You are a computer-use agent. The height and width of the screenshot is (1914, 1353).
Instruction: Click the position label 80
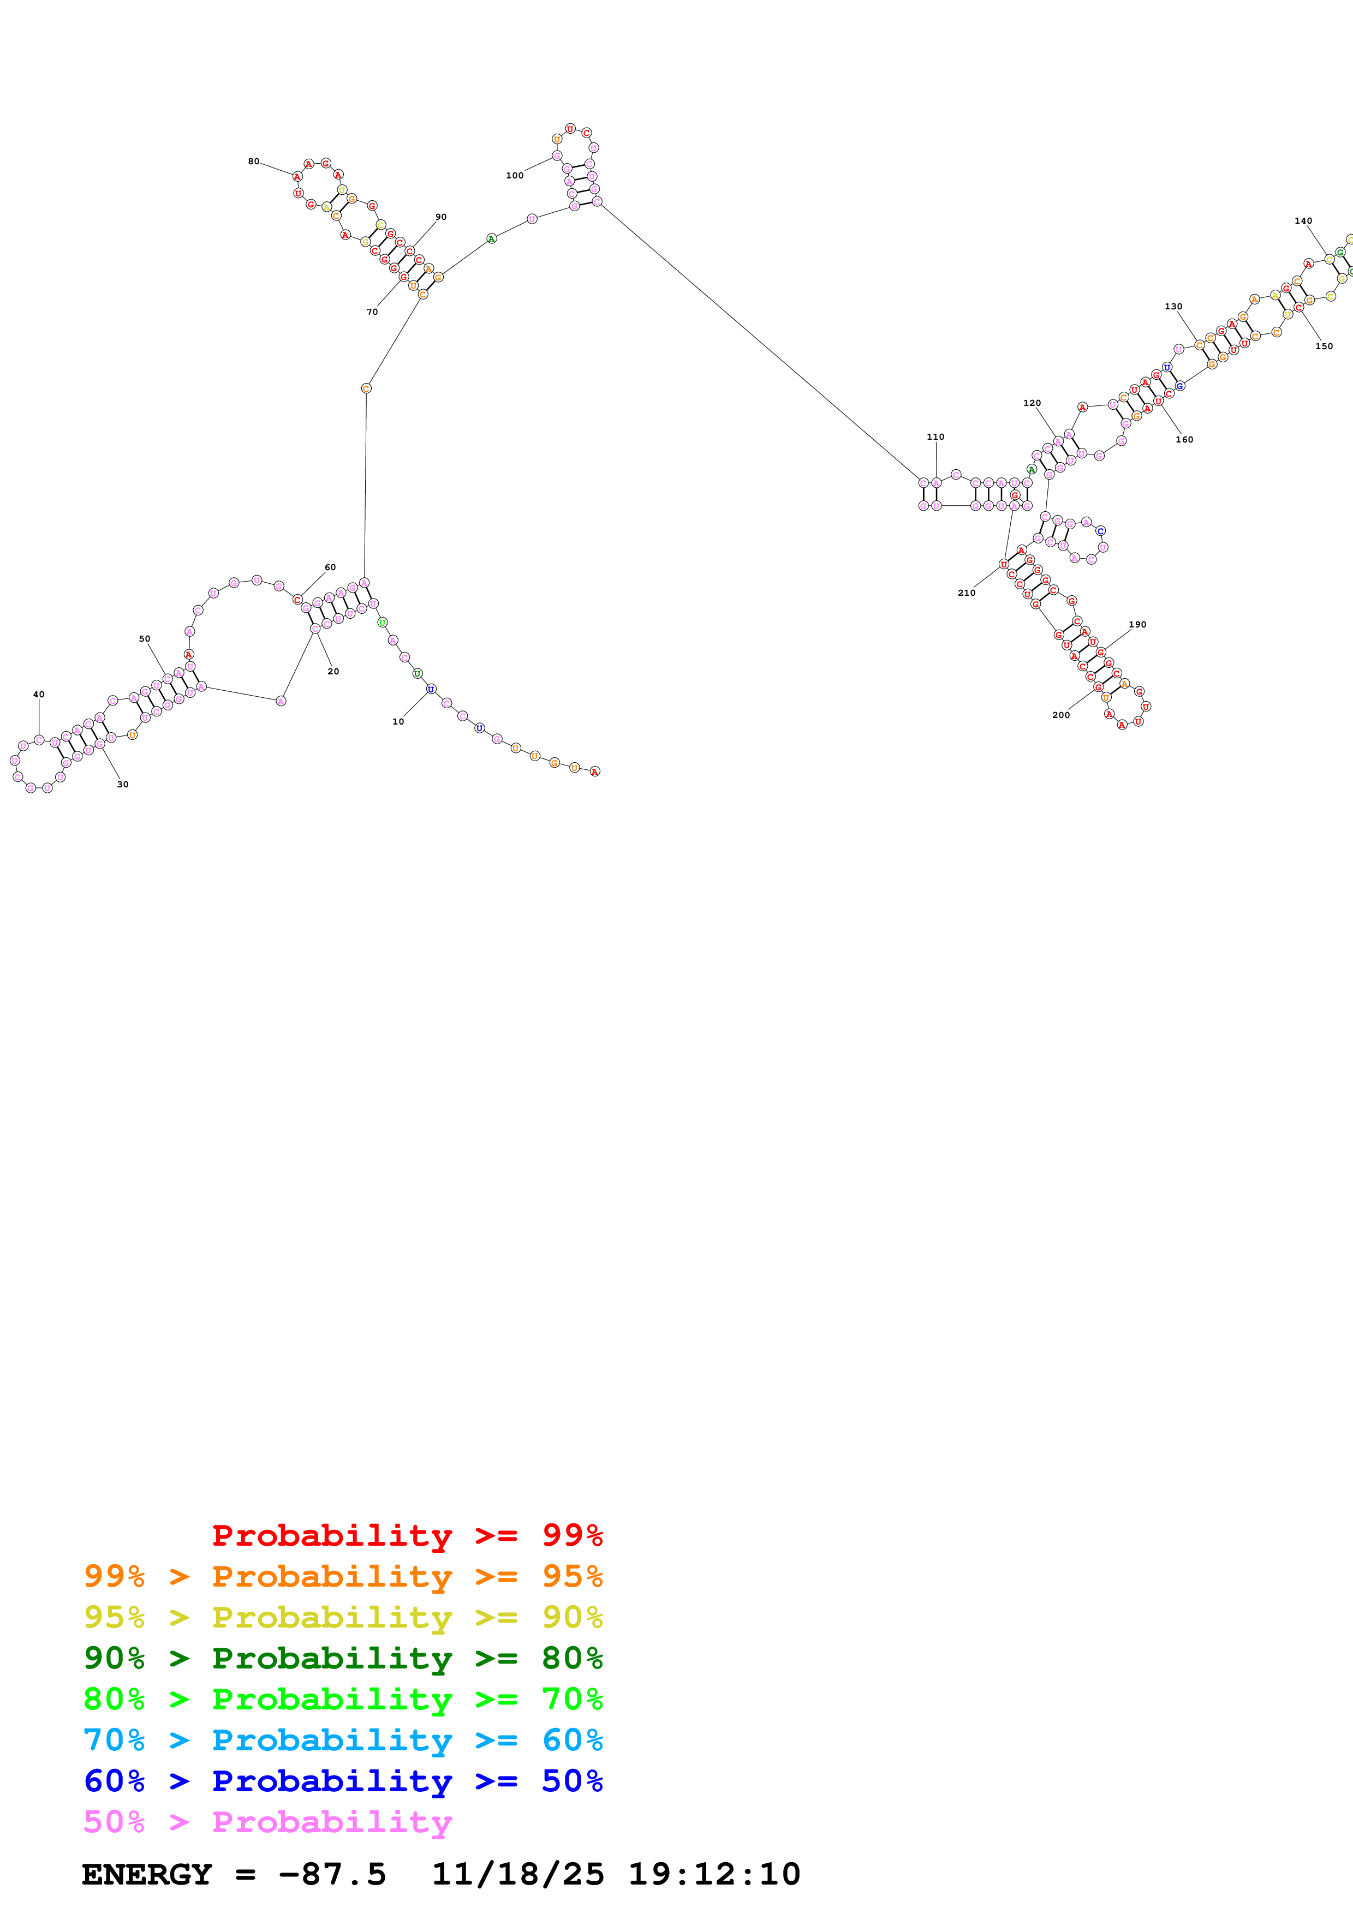pos(253,162)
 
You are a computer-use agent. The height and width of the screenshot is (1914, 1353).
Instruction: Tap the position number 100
pos(514,176)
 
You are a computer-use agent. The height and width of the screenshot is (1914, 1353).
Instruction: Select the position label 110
pos(935,437)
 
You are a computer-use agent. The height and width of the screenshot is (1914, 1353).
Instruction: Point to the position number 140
pos(1303,221)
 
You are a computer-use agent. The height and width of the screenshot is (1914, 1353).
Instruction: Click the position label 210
pos(966,593)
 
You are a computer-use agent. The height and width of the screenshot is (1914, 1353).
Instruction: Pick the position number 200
pos(1060,715)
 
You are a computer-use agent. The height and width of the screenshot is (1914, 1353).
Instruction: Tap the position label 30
pos(123,785)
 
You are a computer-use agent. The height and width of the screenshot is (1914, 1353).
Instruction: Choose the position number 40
pos(38,695)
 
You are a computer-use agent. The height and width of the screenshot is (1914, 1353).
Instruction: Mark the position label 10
pos(398,722)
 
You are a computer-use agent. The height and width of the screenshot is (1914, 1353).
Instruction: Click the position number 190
pos(1137,624)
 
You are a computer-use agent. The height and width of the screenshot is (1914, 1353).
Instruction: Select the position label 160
pos(1184,439)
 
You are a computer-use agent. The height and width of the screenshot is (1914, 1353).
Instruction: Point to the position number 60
pos(330,567)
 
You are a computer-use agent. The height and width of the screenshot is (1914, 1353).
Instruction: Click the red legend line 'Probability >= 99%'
pos(407,1535)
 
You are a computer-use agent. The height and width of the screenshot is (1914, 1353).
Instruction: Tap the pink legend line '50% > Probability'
pos(267,1822)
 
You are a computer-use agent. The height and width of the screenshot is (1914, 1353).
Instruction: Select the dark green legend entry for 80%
pos(343,1659)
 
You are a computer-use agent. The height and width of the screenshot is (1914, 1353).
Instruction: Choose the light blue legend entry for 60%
pos(343,1740)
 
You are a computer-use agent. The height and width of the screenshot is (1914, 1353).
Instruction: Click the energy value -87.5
pos(332,1875)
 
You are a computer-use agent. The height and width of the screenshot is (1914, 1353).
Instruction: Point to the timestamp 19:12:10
pos(713,1875)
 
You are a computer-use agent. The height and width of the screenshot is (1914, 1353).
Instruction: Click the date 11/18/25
pos(518,1875)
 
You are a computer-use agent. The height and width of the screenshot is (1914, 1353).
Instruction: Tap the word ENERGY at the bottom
pos(147,1875)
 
